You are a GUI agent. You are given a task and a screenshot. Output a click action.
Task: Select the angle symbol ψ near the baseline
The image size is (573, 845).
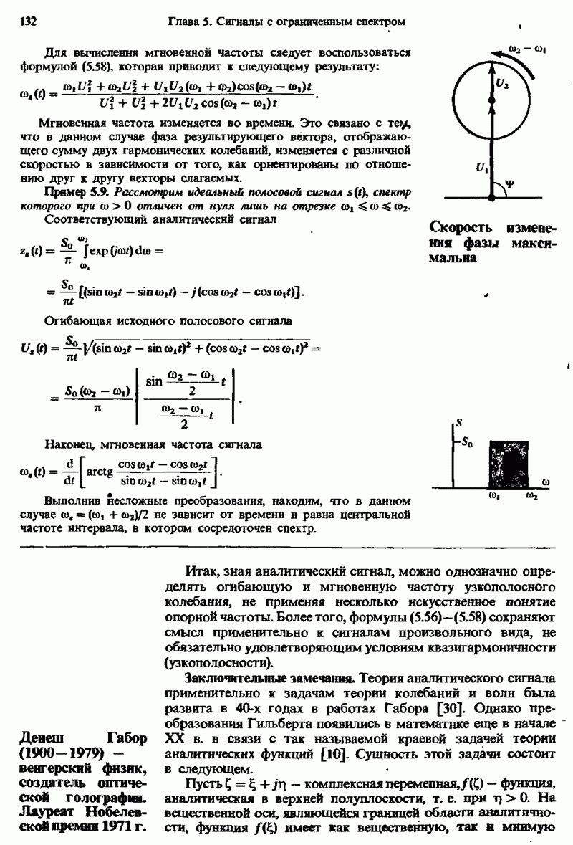(x=509, y=183)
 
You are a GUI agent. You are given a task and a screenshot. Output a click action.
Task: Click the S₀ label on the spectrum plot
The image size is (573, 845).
(x=466, y=442)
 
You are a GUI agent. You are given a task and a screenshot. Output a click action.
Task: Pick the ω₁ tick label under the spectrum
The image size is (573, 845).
(x=493, y=495)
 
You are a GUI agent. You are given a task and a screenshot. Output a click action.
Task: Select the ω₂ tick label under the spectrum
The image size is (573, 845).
(x=531, y=495)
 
